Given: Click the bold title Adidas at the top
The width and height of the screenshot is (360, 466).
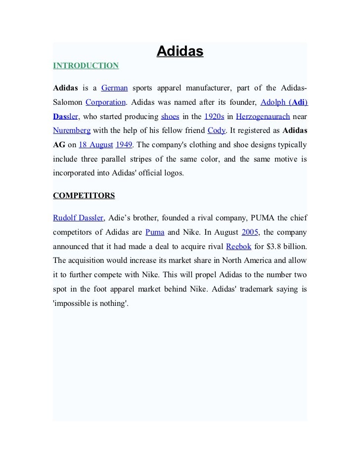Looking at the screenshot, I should pos(180,51).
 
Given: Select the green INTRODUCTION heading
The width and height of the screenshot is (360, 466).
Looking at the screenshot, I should pos(86,65).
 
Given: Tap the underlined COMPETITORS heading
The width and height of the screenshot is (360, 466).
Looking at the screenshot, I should pos(84,195).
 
